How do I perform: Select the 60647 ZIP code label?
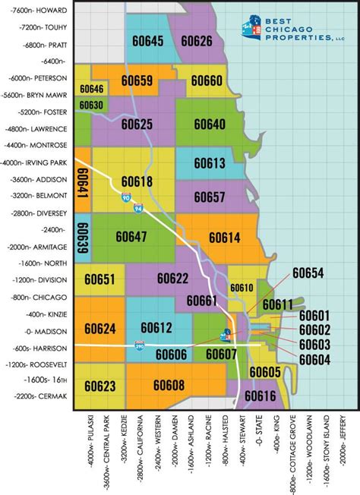(x=131, y=237)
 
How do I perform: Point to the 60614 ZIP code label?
(x=224, y=238)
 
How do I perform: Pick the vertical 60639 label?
(x=83, y=238)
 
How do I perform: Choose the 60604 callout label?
(x=314, y=358)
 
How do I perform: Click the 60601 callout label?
(x=314, y=316)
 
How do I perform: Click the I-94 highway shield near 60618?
(x=125, y=199)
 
